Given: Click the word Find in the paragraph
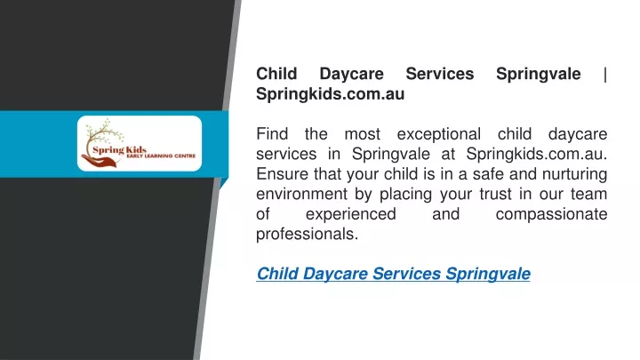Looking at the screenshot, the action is (272, 134).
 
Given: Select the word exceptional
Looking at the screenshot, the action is (439, 135).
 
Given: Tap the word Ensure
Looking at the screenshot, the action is (283, 174).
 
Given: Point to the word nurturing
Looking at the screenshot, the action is (575, 175).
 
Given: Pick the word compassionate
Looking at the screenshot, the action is (551, 215).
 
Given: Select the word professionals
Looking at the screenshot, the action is (307, 235).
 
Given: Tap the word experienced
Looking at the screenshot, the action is (351, 215).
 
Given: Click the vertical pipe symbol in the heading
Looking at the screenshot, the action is (605, 75).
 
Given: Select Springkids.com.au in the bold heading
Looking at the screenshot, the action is (330, 94).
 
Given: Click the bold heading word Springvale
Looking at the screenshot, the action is (539, 75).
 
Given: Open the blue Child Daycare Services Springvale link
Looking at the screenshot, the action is (394, 274).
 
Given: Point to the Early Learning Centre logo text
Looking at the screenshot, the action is (161, 156).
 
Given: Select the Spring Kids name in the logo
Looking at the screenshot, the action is (119, 150).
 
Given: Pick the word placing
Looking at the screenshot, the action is (405, 195).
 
